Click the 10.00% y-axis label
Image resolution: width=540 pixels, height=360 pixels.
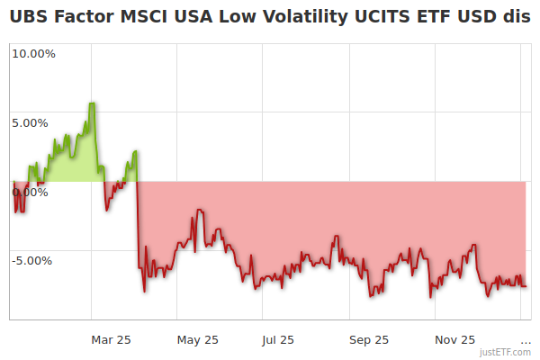pos(32,53)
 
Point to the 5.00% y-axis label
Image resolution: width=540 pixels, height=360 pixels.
pos(34,122)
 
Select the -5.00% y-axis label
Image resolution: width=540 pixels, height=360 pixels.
pos(32,261)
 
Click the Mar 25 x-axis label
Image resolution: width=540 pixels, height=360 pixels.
pos(112,339)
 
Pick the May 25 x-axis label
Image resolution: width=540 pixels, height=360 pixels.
pos(198,339)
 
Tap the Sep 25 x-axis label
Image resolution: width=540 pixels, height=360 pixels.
pos(369,339)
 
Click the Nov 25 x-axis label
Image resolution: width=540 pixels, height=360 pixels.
pos(454,339)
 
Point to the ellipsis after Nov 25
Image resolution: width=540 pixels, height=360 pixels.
pos(526,339)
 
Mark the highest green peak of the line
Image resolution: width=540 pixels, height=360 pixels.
pos(92,103)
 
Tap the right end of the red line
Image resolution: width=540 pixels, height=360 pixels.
pos(526,286)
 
